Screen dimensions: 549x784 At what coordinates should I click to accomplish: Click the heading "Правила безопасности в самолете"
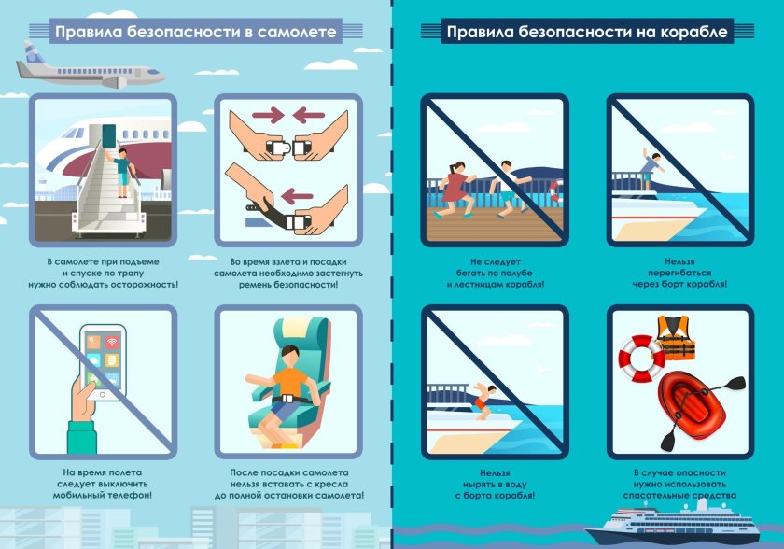[194, 33]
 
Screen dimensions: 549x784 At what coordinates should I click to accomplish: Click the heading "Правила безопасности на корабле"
[587, 33]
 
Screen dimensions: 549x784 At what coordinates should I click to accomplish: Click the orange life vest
[675, 338]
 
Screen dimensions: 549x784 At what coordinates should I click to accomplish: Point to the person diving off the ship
[482, 396]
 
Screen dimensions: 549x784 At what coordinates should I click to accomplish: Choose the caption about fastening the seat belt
[288, 272]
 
